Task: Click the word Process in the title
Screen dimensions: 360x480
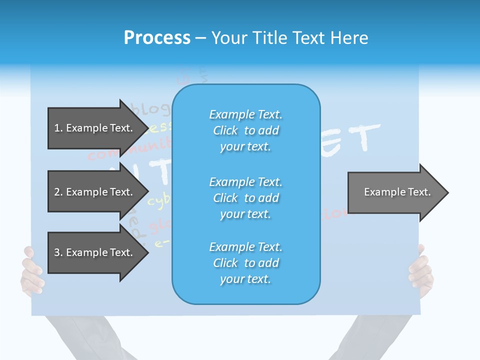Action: pos(157,38)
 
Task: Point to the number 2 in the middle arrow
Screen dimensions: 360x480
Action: pos(57,192)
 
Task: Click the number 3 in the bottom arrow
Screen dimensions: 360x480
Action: pos(57,252)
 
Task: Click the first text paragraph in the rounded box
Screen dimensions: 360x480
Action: pos(246,130)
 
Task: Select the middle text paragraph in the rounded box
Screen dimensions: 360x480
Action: pos(246,198)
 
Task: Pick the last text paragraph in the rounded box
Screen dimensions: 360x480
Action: pos(246,263)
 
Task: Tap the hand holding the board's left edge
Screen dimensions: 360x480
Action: pos(31,270)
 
